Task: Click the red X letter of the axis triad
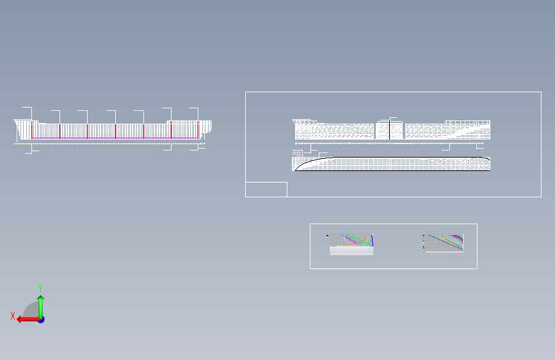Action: coord(13,315)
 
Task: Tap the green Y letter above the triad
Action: coord(40,288)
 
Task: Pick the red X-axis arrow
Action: coord(26,319)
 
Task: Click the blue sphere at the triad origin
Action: coord(40,319)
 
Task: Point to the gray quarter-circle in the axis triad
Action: coord(31,310)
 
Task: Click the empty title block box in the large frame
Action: coord(266,189)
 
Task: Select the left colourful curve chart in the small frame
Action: coord(355,240)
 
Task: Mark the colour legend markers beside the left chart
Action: coord(328,240)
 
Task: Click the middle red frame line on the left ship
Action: coord(115,131)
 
